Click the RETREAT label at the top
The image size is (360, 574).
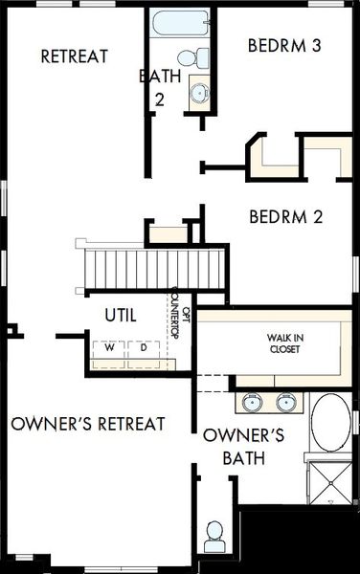click(74, 56)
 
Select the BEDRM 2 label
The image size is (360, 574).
click(285, 216)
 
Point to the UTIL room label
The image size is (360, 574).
click(120, 314)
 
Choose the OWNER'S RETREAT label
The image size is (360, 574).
click(88, 423)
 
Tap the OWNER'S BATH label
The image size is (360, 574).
click(244, 447)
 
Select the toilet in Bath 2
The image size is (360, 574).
click(198, 55)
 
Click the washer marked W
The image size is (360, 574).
click(109, 348)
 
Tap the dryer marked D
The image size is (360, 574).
click(143, 348)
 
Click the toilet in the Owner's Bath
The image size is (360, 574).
click(214, 534)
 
